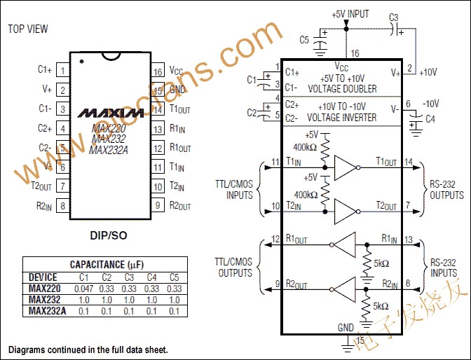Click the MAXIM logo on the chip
(x=109, y=112)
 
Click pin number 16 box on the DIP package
(x=158, y=71)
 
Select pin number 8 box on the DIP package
(x=62, y=206)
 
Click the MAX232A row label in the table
(x=47, y=310)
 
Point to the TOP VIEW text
(x=27, y=29)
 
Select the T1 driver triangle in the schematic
(x=345, y=167)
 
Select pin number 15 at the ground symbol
(x=361, y=340)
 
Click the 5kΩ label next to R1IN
(x=382, y=265)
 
